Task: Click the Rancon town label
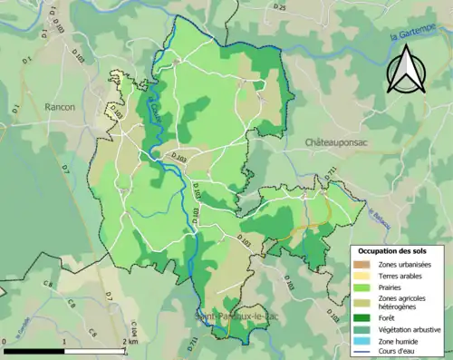coord(60,107)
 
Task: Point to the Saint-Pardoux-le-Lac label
coord(233,316)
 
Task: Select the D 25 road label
coord(280,8)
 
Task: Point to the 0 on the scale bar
coord(6,341)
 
